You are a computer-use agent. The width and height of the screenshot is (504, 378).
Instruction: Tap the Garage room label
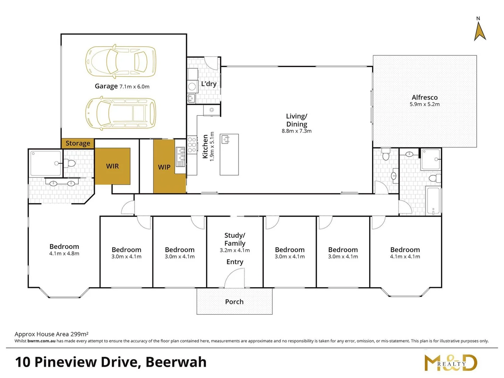[106, 86]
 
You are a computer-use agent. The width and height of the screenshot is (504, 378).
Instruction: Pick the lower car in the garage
[121, 113]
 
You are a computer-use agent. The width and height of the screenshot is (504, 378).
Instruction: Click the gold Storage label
[78, 143]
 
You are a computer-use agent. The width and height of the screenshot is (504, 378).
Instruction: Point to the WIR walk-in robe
[112, 166]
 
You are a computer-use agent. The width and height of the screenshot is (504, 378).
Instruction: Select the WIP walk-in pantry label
[164, 167]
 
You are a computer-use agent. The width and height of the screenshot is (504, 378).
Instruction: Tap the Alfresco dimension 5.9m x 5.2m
[424, 104]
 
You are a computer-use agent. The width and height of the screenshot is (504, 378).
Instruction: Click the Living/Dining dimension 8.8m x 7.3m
[296, 131]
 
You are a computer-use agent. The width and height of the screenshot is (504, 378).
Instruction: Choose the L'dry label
[209, 84]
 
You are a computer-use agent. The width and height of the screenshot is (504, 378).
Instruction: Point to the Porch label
[234, 302]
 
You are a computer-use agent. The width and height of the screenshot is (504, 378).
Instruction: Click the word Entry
[235, 262]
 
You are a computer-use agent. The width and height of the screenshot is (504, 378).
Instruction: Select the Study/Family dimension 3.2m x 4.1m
[235, 250]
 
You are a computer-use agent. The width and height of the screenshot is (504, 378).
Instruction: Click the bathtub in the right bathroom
[433, 201]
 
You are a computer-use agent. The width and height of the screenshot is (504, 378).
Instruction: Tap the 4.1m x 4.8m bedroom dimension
[64, 254]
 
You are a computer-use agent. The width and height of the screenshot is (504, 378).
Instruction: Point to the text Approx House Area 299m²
[51, 334]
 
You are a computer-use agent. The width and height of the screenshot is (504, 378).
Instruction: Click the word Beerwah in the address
[176, 362]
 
